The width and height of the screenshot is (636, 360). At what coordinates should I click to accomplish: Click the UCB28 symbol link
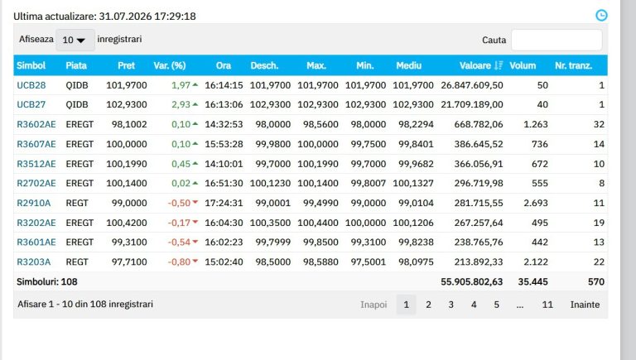pyautogui.click(x=31, y=85)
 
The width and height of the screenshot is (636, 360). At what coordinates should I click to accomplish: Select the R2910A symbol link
pyautogui.click(x=34, y=203)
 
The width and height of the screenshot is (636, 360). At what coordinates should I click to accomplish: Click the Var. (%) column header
pyautogui.click(x=170, y=65)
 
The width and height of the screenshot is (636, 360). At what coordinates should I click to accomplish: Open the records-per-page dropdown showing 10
pyautogui.click(x=75, y=40)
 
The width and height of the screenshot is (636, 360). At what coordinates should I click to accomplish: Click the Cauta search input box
pyautogui.click(x=556, y=40)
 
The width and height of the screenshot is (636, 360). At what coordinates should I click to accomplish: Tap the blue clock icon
pyautogui.click(x=601, y=16)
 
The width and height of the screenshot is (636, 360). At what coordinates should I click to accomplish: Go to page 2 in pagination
pyautogui.click(x=428, y=305)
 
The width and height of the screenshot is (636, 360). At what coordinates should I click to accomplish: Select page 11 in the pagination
pyautogui.click(x=547, y=305)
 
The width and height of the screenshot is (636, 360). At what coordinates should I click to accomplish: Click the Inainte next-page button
pyautogui.click(x=585, y=305)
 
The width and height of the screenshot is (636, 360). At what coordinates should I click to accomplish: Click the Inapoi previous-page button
pyautogui.click(x=373, y=305)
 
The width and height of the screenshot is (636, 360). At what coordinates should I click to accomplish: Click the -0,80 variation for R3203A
pyautogui.click(x=179, y=262)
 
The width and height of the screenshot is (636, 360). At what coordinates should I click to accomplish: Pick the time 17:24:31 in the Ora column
pyautogui.click(x=224, y=203)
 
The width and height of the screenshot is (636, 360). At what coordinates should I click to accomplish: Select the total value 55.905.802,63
pyautogui.click(x=472, y=281)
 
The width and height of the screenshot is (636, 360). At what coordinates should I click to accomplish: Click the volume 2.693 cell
pyautogui.click(x=536, y=203)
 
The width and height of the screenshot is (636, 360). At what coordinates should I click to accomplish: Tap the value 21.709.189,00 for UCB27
pyautogui.click(x=472, y=104)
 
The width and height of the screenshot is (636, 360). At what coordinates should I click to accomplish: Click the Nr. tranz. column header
pyautogui.click(x=574, y=65)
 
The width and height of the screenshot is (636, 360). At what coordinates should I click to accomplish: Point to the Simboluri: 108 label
pyautogui.click(x=47, y=281)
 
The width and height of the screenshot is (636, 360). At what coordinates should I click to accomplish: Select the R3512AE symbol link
pyautogui.click(x=36, y=164)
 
